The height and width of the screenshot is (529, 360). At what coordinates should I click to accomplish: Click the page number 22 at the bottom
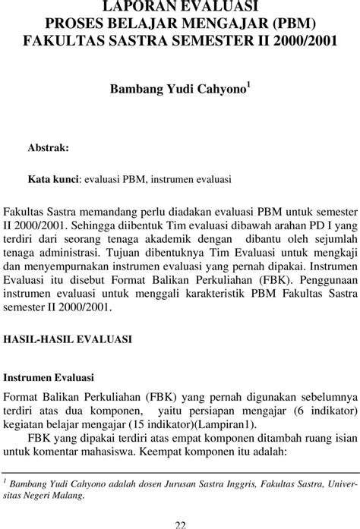[x=180, y=524]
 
